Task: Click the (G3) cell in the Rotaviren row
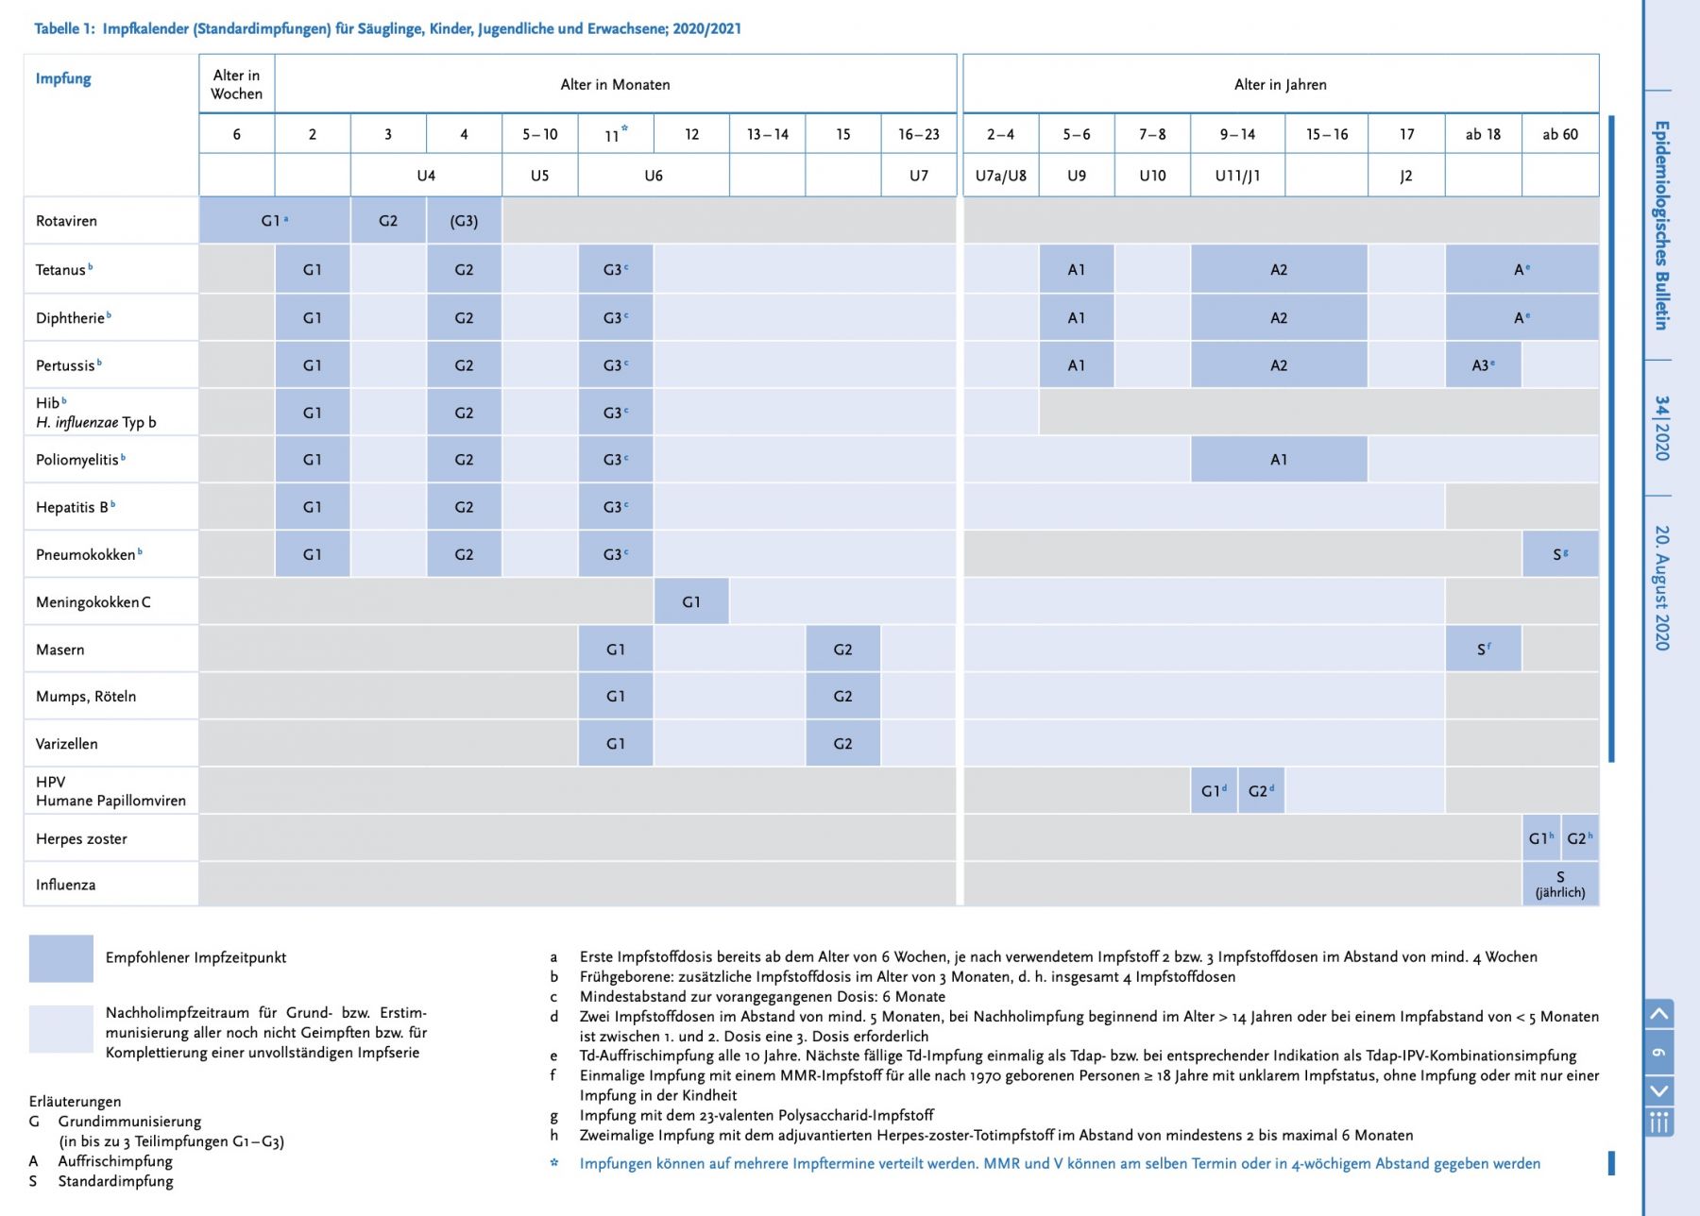point(464,221)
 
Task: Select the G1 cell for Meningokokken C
point(691,601)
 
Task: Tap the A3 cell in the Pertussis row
point(1483,365)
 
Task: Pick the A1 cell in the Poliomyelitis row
point(1279,460)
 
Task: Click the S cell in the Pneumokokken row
point(1560,554)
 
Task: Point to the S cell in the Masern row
point(1483,650)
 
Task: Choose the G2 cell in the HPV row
point(1261,791)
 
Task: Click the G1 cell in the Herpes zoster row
point(1541,838)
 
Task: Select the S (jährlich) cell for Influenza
point(1560,885)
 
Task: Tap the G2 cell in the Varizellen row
point(842,744)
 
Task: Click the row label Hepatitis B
point(76,507)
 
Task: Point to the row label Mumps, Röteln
point(86,697)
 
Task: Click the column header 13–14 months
point(767,134)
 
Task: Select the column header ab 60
point(1560,134)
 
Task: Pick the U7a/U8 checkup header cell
point(1001,176)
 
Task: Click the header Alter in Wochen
point(236,84)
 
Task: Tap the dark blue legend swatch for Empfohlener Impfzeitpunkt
point(61,958)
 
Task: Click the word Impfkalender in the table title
point(145,28)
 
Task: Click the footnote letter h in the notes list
point(554,1135)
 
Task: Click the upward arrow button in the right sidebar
point(1659,1015)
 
